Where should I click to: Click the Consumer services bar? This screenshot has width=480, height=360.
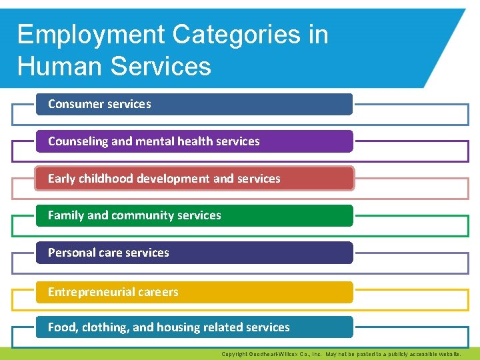tap(194, 104)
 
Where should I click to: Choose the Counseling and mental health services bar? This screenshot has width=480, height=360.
tap(194, 141)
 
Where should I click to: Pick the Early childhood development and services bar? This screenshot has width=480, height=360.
tap(194, 179)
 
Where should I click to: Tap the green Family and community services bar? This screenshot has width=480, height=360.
tap(194, 215)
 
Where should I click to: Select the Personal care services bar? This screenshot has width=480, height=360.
tap(194, 253)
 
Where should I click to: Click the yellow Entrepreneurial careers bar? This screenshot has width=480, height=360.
tap(194, 292)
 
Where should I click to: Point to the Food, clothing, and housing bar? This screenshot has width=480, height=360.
tap(194, 327)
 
